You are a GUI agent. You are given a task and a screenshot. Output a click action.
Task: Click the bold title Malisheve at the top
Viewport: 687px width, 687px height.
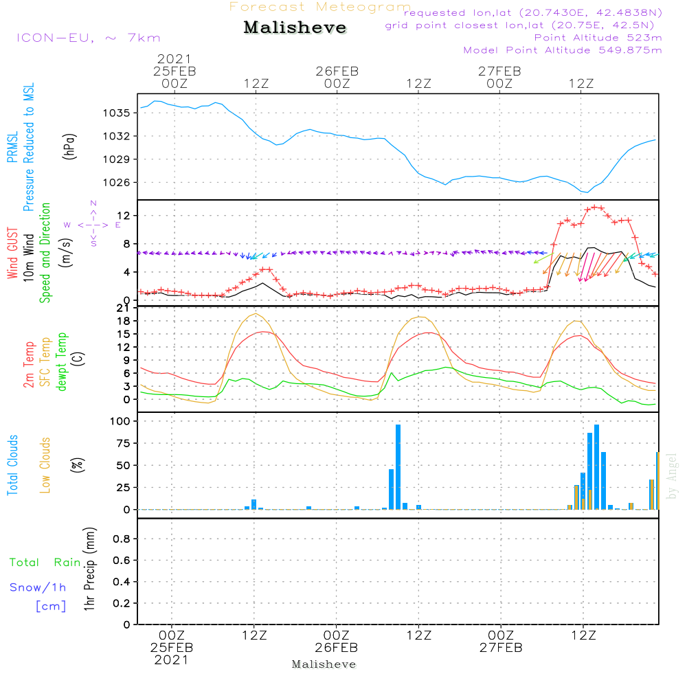295,28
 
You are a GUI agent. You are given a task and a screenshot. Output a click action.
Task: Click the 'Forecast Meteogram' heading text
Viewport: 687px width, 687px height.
320,7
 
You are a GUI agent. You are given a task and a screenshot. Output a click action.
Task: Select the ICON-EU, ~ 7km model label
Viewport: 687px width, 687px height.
88,38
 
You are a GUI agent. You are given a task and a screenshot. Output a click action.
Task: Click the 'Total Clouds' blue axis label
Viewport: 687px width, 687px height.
12,465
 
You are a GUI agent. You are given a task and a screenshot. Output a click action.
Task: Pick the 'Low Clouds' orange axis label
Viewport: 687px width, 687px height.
45,465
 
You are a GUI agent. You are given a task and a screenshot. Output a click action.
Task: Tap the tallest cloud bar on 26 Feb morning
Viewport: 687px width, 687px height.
398,467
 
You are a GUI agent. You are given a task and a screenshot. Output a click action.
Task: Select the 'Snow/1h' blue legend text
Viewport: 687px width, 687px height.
38,587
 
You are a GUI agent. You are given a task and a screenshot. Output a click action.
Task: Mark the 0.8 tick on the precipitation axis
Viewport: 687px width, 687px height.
122,539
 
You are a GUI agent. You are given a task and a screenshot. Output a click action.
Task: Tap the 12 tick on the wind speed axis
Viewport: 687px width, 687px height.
124,215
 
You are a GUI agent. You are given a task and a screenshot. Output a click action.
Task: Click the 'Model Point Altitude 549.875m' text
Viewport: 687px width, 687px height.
563,50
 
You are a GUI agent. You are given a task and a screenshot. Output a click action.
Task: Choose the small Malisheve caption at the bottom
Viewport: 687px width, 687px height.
324,664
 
